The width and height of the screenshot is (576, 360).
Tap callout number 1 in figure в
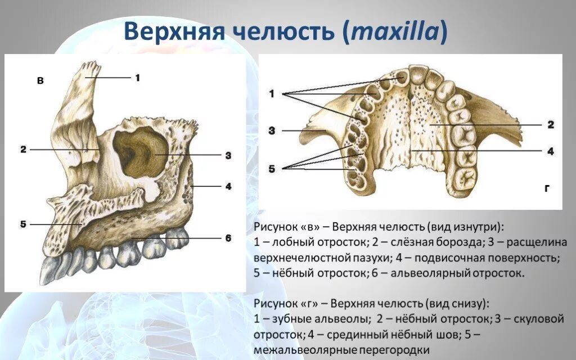pos(137,78)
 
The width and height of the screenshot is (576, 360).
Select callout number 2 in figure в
pos(23,150)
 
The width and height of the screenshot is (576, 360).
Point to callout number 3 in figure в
pos(228,155)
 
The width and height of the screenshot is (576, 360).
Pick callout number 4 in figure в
pos(228,186)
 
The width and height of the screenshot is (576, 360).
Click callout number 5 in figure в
pos(23,224)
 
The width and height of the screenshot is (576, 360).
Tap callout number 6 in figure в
pos(228,238)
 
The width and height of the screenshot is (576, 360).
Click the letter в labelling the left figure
pos(40,81)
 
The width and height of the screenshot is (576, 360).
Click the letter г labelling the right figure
pos(546,190)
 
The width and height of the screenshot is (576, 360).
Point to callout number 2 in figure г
pos(551,124)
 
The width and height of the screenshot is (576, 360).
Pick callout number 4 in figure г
pos(551,151)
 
